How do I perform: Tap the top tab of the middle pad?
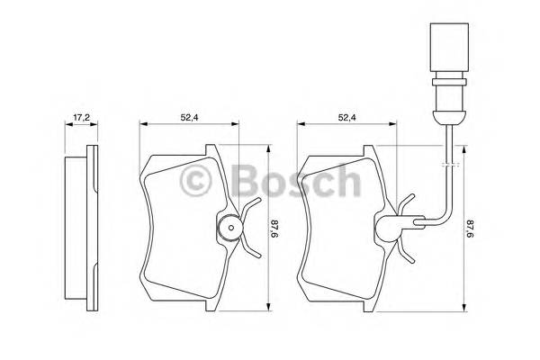tap(209, 149)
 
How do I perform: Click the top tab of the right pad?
tap(369, 149)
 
